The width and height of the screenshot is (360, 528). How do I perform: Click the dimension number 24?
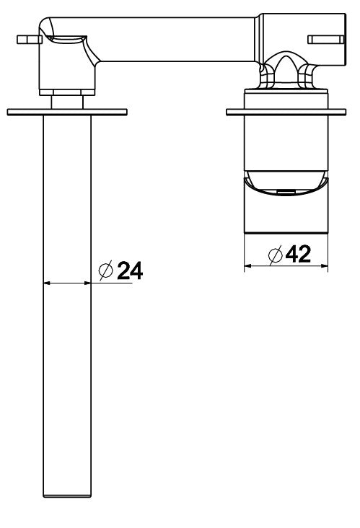130,270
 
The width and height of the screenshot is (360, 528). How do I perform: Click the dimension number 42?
298,254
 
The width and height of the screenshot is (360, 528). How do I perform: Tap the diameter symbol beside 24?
105,270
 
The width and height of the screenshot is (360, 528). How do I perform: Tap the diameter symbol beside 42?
275,255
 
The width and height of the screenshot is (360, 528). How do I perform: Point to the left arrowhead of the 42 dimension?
247,266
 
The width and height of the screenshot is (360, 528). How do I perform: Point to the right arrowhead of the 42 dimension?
325,266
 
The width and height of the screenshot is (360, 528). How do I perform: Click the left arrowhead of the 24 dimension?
47,283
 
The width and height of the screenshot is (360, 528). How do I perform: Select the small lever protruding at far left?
29,40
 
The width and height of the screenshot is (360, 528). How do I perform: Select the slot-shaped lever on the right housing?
326,40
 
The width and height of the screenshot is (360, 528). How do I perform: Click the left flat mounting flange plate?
67,112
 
